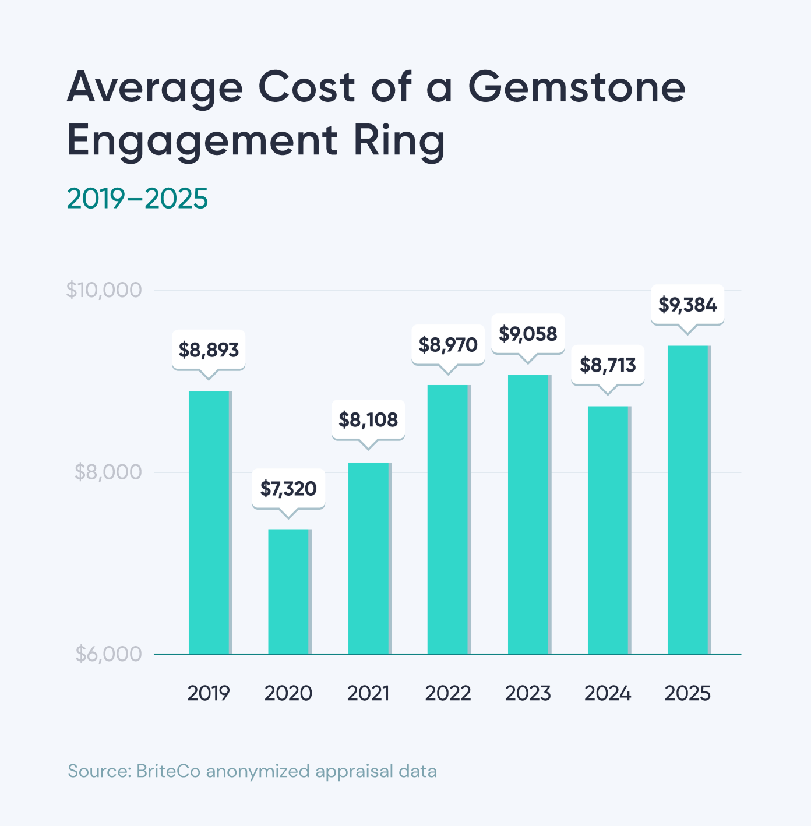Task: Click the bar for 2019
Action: [209, 522]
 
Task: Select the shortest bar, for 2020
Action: [289, 591]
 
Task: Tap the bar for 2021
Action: [369, 557]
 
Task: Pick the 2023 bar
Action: [528, 514]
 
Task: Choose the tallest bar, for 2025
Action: [688, 499]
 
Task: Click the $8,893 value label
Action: [209, 350]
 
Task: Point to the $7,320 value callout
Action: [288, 489]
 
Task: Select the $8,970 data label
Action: [448, 345]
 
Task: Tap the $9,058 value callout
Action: [528, 334]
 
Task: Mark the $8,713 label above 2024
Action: [608, 365]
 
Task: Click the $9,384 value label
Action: [687, 305]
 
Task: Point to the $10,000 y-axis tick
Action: [104, 290]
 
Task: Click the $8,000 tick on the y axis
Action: [108, 472]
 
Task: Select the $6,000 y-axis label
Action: [108, 654]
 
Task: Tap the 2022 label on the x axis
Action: [448, 693]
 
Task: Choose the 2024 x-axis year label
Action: [608, 693]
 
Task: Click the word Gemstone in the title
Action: [577, 87]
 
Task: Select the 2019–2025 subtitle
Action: [137, 199]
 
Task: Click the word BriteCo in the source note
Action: [168, 771]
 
